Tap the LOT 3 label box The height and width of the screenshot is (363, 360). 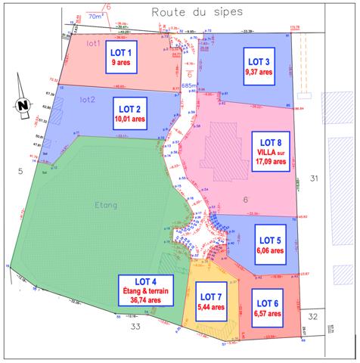tap(257, 67)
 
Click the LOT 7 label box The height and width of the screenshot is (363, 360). tap(209, 299)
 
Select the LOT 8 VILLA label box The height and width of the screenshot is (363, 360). tap(270, 151)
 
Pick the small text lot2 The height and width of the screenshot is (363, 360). tap(88, 100)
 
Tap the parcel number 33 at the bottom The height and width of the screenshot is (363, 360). tap(135, 327)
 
